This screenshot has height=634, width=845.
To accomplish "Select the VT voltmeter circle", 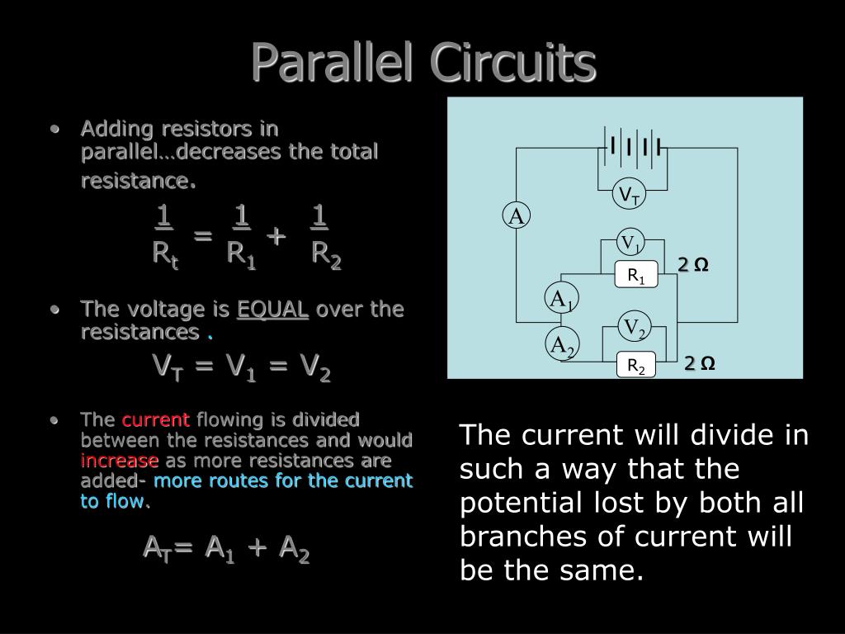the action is coord(630,195).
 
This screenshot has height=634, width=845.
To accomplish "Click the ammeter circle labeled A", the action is coord(517,217).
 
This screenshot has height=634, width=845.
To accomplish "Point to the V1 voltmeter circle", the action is coord(631,244).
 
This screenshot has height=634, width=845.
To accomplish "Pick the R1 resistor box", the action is coord(635,275).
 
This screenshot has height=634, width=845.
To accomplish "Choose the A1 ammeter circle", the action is coord(562,299).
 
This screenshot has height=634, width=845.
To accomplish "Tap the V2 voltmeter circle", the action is coord(634,328).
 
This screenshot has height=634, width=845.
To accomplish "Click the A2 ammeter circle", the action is coord(562,344).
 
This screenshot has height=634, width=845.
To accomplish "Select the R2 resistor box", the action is coord(635,365).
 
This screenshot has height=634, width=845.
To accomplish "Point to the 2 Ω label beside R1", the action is coord(693,265).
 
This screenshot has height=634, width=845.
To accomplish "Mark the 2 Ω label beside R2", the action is coord(698,364).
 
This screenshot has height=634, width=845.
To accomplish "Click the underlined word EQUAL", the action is coord(273,310).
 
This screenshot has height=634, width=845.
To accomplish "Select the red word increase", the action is coord(120,460).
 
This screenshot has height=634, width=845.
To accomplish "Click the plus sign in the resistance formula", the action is coord(276,236).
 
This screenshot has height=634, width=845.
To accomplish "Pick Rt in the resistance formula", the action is coord(165,254).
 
